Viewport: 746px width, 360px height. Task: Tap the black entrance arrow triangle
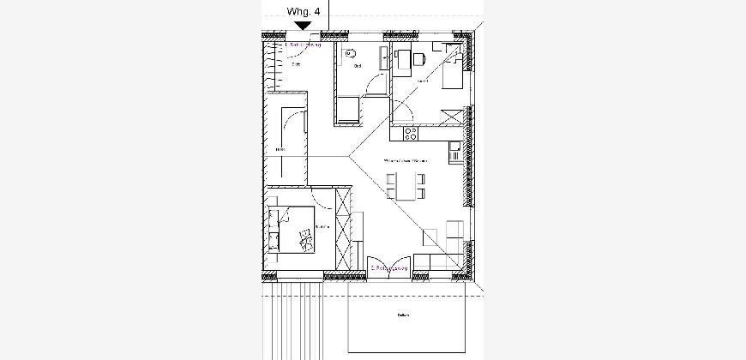tap(303, 27)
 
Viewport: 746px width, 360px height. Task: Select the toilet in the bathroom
tap(351, 55)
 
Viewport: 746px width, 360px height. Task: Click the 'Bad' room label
tap(358, 65)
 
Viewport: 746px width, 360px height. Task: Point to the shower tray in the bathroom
tap(347, 109)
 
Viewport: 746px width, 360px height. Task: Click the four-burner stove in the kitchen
tap(410, 134)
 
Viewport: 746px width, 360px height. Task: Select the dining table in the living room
tap(407, 187)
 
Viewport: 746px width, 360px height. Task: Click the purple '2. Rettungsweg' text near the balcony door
tap(391, 268)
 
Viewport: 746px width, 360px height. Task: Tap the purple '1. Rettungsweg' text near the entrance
tap(302, 45)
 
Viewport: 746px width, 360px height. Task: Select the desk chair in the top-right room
tap(419, 58)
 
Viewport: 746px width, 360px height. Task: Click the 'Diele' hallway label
tap(280, 151)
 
